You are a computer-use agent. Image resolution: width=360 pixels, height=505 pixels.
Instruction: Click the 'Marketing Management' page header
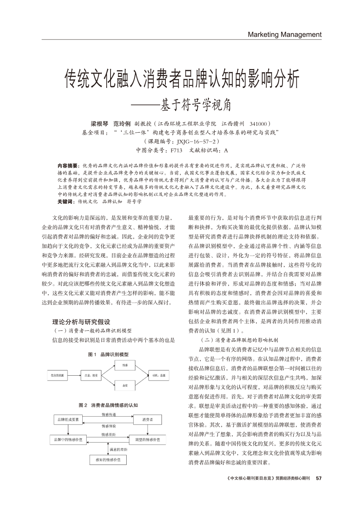(x=284, y=34)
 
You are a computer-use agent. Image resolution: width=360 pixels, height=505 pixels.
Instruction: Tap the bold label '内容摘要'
(x=67, y=166)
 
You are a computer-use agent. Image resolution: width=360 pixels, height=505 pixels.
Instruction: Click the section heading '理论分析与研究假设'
(x=81, y=322)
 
